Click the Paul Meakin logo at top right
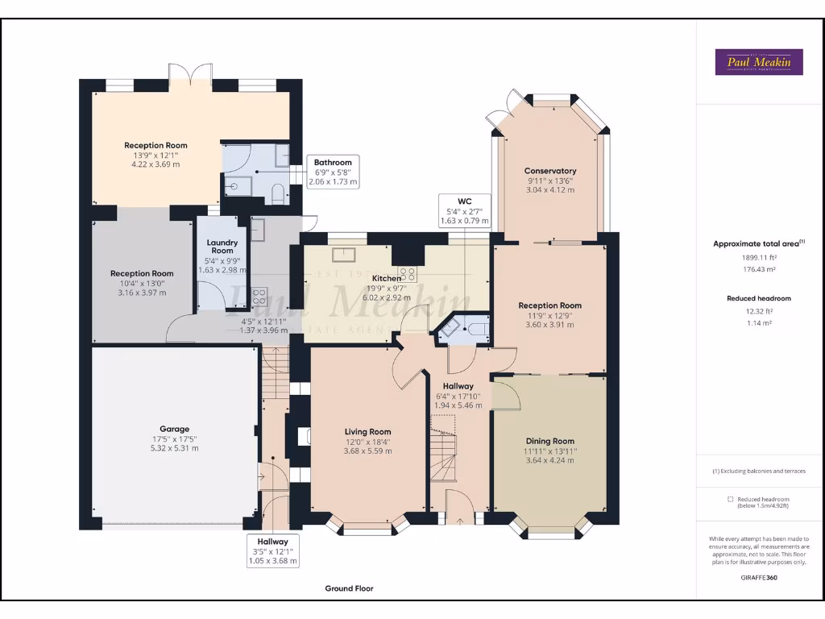point(759,62)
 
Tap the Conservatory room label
point(550,171)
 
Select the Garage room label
point(174,429)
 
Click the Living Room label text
point(368,432)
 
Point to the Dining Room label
point(550,441)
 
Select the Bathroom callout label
point(333,162)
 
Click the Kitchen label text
point(387,278)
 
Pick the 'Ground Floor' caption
point(349,588)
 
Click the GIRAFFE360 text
point(759,577)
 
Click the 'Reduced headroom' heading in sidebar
point(758,298)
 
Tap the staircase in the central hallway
point(443,455)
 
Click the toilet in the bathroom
point(277,193)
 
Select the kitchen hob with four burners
point(407,273)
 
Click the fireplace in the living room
point(303,436)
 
